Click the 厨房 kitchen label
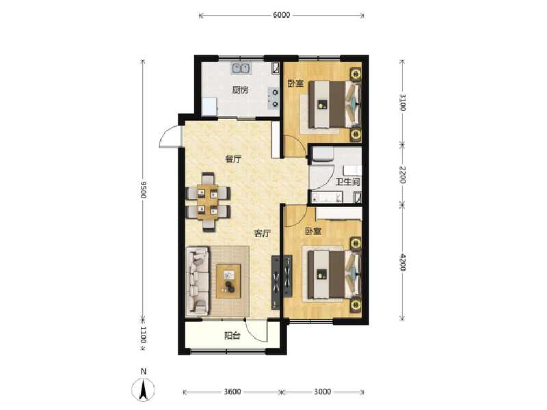(241, 90)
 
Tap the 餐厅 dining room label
(233, 159)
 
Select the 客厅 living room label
(262, 233)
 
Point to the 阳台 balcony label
(232, 336)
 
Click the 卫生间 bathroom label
(347, 182)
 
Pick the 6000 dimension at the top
(282, 15)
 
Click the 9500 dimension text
(143, 190)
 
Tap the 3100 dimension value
(402, 102)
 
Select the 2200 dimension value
(402, 175)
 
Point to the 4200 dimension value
(402, 262)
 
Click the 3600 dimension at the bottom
(232, 392)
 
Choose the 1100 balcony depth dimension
(143, 334)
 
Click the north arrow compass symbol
(144, 388)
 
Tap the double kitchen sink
(241, 68)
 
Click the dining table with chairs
(209, 202)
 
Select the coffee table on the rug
(228, 281)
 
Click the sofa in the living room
(198, 281)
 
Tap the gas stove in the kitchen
(274, 98)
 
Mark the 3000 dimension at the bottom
(322, 392)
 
